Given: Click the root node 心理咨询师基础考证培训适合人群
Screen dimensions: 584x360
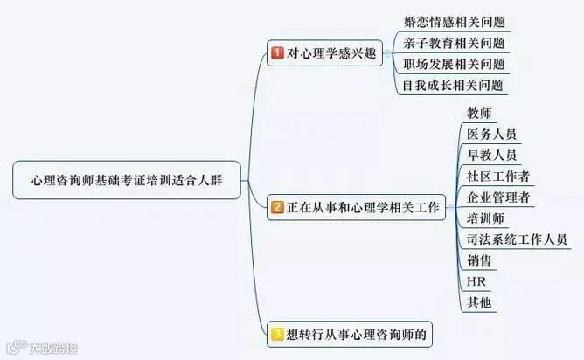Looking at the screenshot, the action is tap(127, 180).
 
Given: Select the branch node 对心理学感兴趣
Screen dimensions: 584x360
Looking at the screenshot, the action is tap(324, 53).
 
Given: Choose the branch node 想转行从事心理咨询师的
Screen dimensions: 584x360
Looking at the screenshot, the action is tap(351, 333).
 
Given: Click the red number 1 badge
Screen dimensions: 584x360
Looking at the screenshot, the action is tap(277, 53).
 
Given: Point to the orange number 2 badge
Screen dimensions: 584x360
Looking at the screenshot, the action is tap(277, 208).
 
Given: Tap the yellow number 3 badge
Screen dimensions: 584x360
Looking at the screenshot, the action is tap(277, 333).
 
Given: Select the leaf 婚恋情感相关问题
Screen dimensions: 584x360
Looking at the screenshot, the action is tap(455, 22).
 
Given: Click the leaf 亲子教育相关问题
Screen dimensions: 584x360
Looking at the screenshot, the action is tap(455, 43).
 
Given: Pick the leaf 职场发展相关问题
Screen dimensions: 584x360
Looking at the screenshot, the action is tap(455, 64).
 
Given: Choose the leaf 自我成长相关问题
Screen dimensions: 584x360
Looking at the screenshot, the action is tap(455, 85).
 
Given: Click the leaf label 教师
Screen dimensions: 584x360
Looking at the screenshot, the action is tap(479, 114).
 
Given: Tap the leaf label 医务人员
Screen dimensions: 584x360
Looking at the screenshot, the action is tap(491, 135).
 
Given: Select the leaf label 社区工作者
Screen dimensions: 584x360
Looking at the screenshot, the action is tap(497, 177).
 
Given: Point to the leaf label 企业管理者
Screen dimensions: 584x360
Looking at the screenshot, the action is tap(497, 197).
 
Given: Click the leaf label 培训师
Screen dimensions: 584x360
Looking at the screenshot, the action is tap(485, 218).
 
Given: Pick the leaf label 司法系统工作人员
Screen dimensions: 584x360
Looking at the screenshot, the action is tap(516, 239).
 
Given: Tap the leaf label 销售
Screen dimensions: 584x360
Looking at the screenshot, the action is tap(479, 260).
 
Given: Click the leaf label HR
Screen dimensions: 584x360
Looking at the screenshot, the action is tap(476, 281).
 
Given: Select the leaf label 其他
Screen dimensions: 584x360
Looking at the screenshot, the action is tap(479, 302).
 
